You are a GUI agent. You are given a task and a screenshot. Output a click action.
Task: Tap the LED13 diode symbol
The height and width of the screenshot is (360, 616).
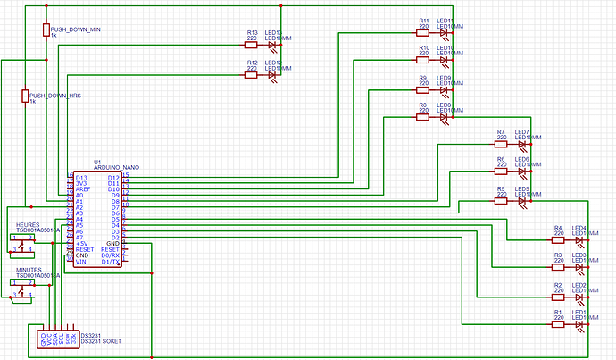pyautogui.click(x=273, y=46)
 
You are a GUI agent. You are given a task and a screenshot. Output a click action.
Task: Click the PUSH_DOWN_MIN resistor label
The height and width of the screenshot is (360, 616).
pyautogui.click(x=76, y=29)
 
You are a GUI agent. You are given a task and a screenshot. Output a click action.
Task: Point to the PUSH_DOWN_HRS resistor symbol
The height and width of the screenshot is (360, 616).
pyautogui.click(x=24, y=96)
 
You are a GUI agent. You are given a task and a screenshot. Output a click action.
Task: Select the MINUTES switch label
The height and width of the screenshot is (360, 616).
pyautogui.click(x=30, y=269)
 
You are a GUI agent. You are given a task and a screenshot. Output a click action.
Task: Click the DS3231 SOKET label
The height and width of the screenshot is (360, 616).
pyautogui.click(x=100, y=341)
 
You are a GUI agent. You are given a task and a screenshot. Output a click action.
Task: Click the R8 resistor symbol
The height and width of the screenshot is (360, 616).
pyautogui.click(x=423, y=117)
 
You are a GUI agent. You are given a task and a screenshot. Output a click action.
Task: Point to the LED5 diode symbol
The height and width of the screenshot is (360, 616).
pyautogui.click(x=522, y=201)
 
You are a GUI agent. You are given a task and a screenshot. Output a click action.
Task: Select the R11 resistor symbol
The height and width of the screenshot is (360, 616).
pyautogui.click(x=423, y=33)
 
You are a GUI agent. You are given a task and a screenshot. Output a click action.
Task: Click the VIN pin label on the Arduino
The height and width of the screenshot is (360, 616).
pyautogui.click(x=80, y=262)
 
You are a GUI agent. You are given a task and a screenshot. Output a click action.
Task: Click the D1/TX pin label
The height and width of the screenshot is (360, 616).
pyautogui.click(x=111, y=262)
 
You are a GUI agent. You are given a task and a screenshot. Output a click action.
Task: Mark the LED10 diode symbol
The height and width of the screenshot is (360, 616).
pyautogui.click(x=445, y=61)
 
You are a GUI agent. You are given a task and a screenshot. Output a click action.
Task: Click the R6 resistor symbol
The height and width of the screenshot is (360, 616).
pyautogui.click(x=501, y=172)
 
